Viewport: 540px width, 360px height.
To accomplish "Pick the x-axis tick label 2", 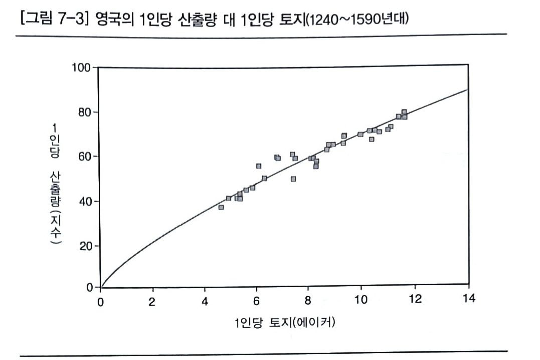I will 152,301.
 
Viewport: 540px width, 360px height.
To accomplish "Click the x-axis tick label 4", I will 205,301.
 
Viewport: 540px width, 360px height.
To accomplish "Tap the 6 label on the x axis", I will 256,301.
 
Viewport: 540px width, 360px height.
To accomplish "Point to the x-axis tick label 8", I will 308,301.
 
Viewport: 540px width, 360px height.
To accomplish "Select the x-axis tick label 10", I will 361,301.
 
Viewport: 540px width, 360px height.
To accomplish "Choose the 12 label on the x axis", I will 415,301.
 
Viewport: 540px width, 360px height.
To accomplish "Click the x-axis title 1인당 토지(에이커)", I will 284,322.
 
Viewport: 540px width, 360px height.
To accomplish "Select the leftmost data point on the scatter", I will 221,207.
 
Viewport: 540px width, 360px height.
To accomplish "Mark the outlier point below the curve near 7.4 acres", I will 293,179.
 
